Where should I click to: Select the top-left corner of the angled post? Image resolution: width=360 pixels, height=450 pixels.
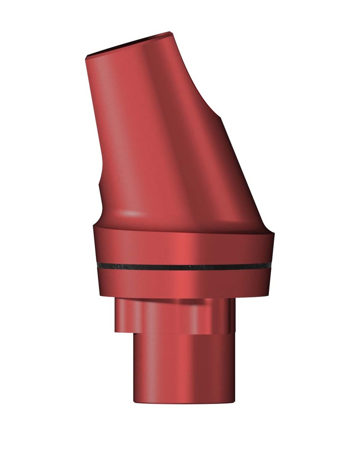pos(85,57)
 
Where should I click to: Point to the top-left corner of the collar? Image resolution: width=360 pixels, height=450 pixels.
pos(93,227)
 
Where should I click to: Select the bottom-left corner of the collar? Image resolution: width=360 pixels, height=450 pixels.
pos(100,294)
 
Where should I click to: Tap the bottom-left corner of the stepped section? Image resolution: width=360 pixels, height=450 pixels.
pos(116,331)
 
